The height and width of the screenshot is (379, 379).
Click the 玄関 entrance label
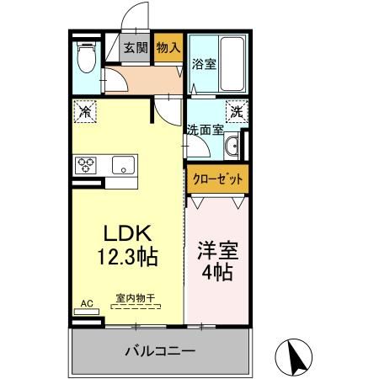click(136, 48)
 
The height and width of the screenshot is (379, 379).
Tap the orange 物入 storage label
click(168, 48)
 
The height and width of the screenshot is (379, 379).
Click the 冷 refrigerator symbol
click(84, 110)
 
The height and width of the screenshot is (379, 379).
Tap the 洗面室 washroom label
click(204, 130)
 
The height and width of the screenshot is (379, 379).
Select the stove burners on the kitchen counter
click(87, 166)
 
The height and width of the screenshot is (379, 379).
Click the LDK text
click(126, 233)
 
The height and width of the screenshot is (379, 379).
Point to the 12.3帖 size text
click(126, 258)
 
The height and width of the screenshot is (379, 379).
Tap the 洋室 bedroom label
click(217, 250)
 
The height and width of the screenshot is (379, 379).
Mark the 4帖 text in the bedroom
click(217, 274)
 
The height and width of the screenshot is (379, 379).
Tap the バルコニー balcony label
click(160, 350)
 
